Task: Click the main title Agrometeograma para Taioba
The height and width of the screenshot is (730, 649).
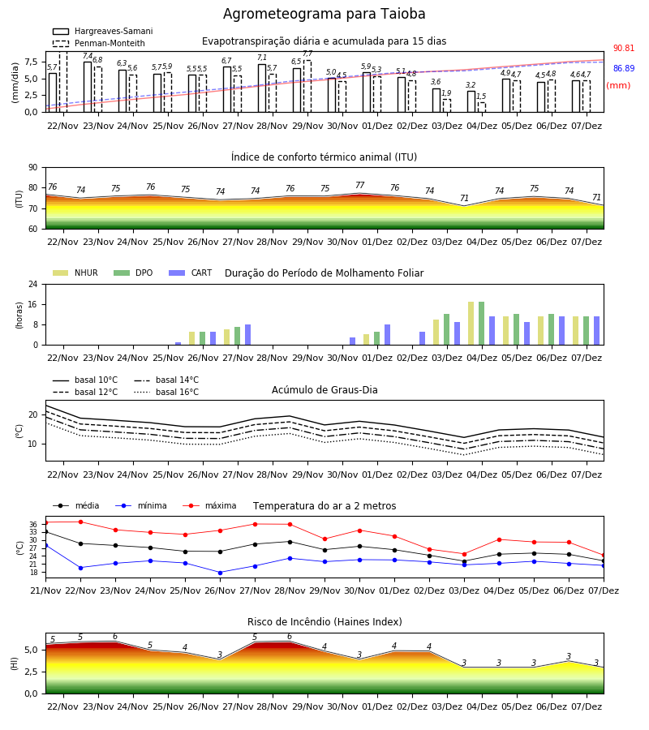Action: (324, 14)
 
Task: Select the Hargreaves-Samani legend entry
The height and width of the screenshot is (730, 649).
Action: (103, 31)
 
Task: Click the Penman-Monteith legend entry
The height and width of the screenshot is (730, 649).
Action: (99, 43)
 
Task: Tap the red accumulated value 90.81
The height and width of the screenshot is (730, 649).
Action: (624, 48)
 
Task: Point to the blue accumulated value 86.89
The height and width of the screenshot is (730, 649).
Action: (624, 68)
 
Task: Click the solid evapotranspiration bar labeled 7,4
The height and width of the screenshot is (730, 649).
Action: (88, 87)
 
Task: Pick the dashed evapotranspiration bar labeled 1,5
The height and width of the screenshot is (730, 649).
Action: (482, 108)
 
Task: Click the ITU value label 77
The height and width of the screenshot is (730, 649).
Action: (360, 185)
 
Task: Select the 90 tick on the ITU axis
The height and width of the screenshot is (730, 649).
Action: (33, 168)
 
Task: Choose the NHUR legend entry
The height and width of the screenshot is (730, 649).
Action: (75, 273)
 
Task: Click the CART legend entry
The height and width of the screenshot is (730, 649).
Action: (191, 273)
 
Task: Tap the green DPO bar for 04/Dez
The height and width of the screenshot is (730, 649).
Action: (481, 324)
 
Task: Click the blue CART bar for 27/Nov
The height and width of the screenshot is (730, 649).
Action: (247, 335)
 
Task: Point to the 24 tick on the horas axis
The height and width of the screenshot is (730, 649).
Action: (33, 285)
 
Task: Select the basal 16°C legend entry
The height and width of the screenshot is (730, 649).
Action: (166, 392)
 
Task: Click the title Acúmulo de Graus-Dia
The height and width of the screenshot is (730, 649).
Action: (324, 389)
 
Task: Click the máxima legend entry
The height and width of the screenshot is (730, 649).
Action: (209, 505)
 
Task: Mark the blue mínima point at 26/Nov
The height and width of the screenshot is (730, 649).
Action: (220, 573)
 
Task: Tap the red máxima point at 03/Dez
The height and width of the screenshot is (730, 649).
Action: (464, 554)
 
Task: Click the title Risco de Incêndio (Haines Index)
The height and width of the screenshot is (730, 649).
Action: (324, 622)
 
